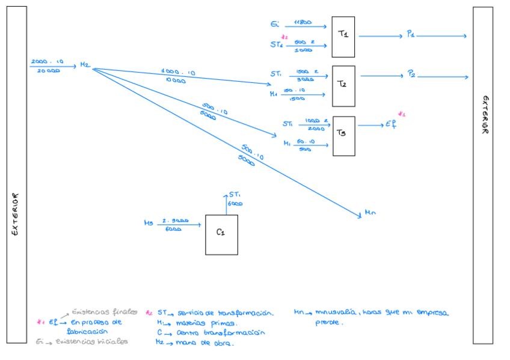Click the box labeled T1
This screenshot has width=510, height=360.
tap(343, 37)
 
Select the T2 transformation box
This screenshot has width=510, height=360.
tap(343, 86)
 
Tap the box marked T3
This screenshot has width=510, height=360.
tap(343, 136)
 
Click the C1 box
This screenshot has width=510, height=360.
tap(221, 234)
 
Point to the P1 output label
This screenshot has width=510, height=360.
tap(410, 35)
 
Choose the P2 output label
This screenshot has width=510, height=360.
tap(411, 74)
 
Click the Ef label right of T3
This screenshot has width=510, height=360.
tap(391, 124)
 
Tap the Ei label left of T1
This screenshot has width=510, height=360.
tap(275, 25)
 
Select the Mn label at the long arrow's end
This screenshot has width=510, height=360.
tap(370, 213)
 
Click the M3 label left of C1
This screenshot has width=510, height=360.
tap(149, 223)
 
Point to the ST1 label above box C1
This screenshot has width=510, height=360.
tap(235, 195)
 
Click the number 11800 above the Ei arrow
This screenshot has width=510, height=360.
tap(303, 22)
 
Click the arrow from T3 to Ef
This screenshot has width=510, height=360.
tap(370, 126)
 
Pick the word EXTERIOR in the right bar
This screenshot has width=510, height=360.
tap(485, 115)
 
